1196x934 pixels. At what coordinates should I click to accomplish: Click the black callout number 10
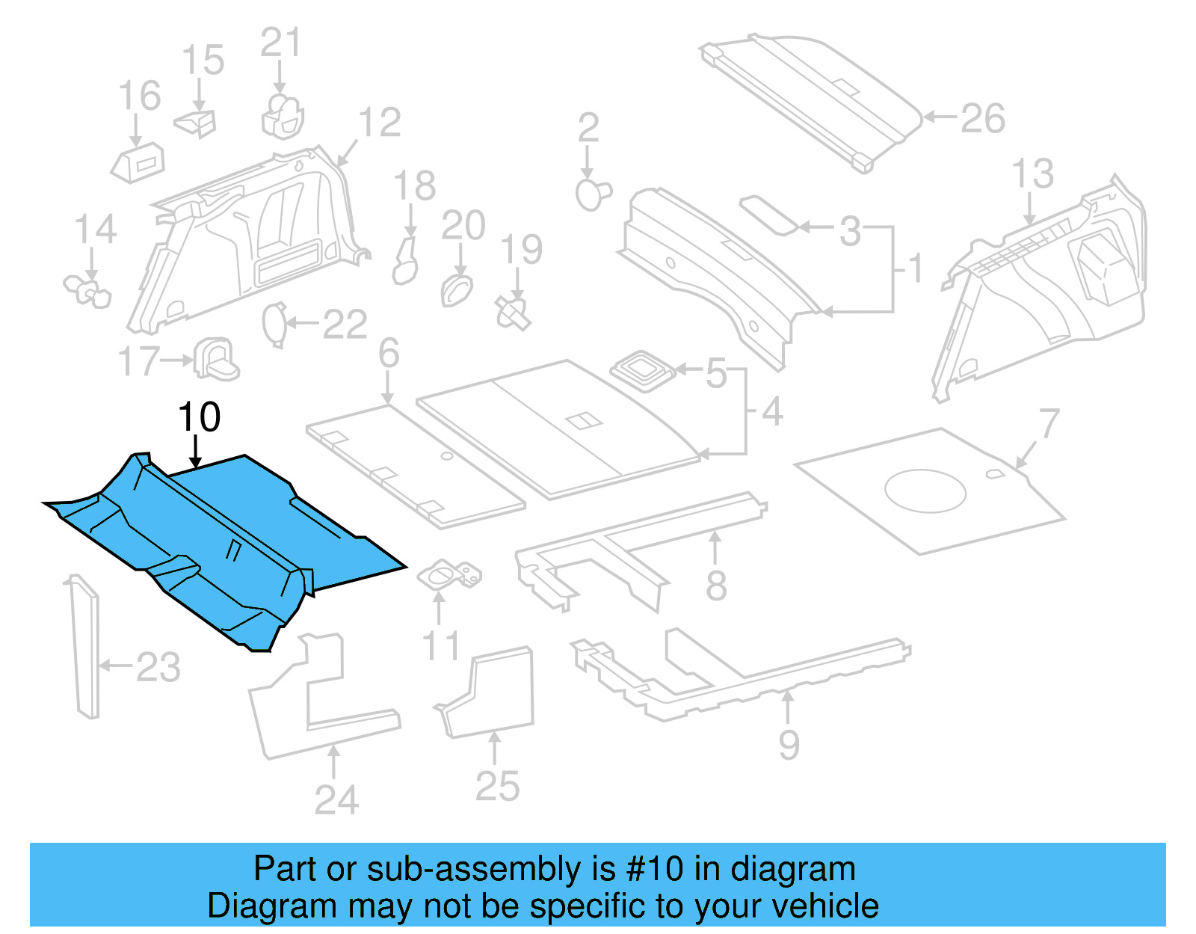tap(199, 417)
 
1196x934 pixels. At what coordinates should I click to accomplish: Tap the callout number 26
tap(982, 119)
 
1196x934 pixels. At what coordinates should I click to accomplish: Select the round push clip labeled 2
tap(593, 194)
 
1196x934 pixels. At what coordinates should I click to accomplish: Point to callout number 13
tap(1032, 173)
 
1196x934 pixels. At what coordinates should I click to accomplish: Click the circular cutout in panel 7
tap(925, 491)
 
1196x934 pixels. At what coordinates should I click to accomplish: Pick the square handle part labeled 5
tap(642, 369)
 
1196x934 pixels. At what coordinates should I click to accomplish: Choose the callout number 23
tap(158, 667)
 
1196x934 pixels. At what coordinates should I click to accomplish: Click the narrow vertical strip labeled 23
tap(84, 647)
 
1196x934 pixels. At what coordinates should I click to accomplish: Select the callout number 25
tap(497, 787)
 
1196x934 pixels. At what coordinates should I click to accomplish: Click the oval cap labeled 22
tap(274, 324)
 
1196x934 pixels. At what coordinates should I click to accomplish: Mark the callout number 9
tap(789, 745)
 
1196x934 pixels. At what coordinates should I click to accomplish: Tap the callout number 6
tap(389, 353)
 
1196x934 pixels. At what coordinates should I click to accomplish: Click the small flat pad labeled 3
tap(768, 215)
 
